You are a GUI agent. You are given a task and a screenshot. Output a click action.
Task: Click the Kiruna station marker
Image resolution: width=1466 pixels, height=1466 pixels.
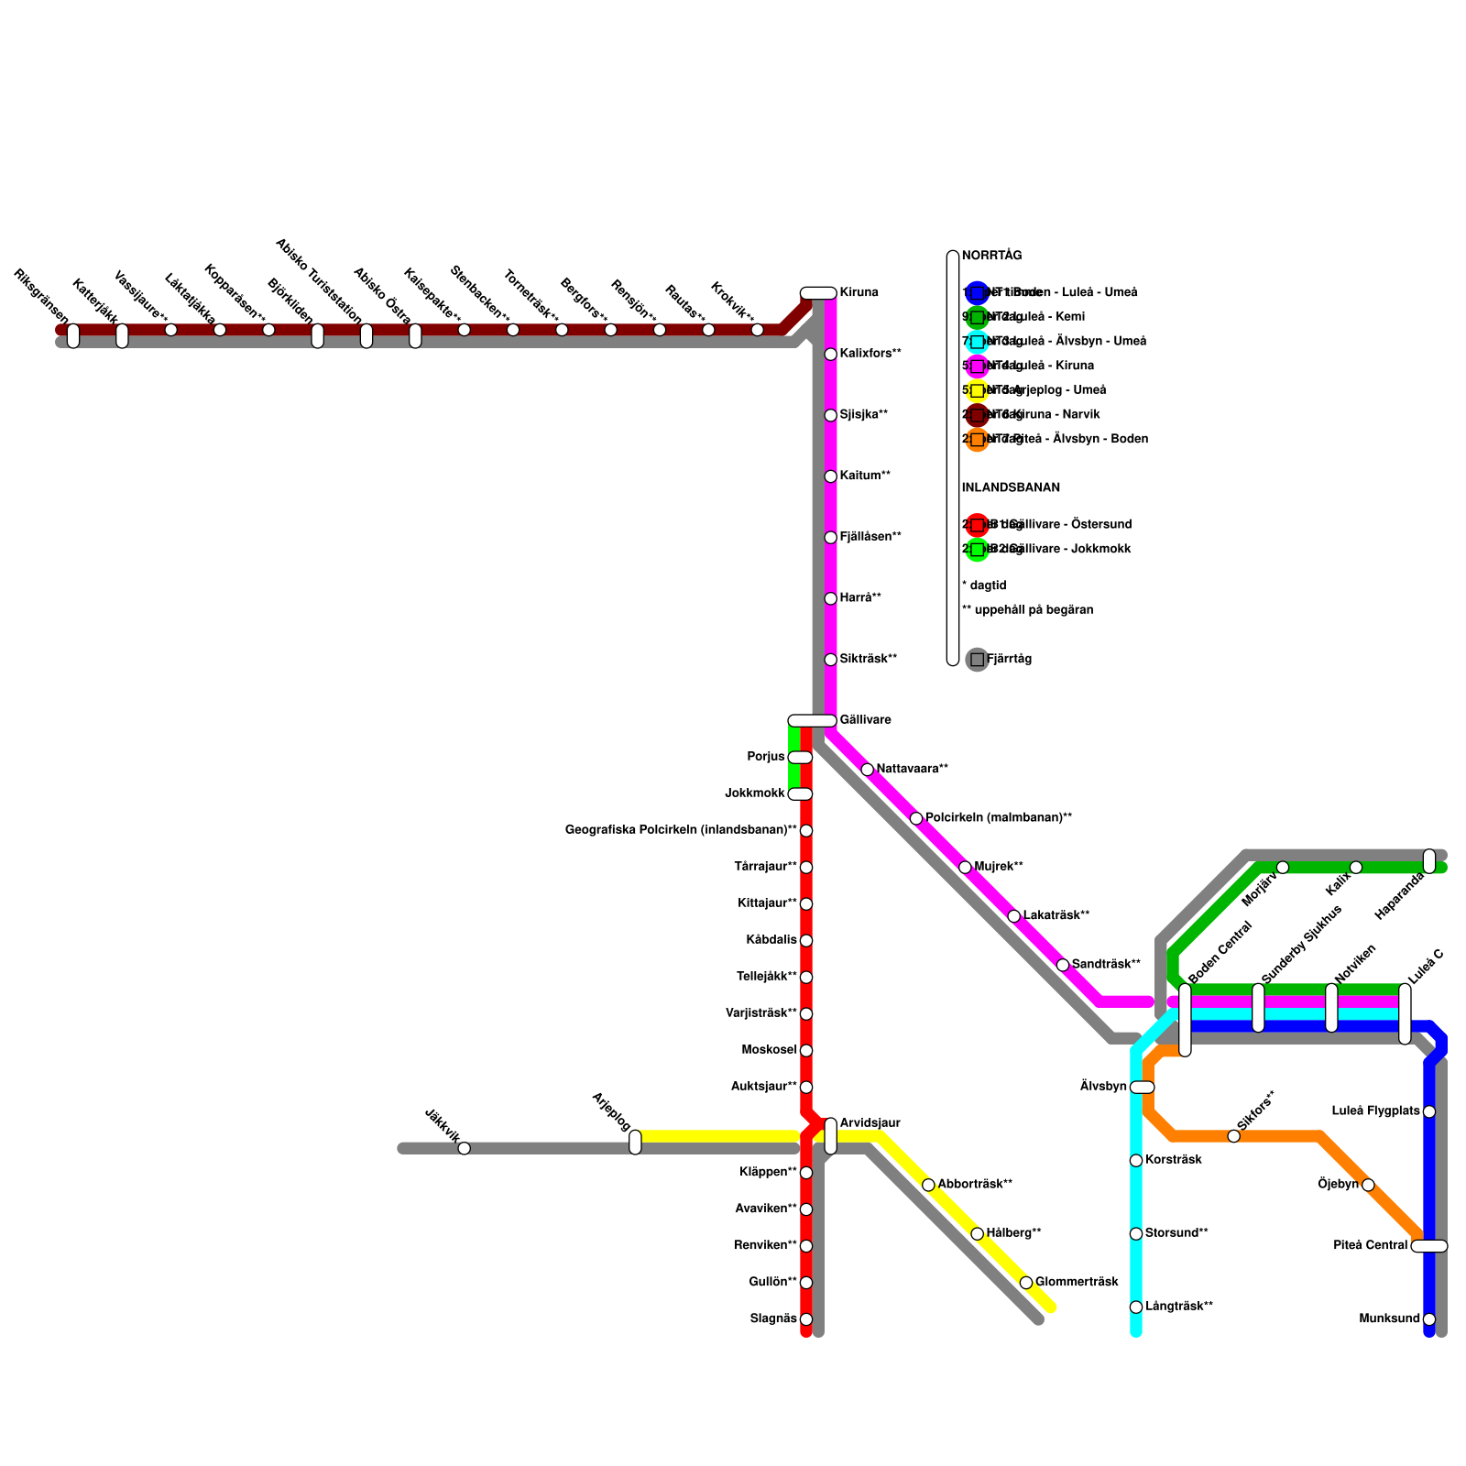tap(818, 293)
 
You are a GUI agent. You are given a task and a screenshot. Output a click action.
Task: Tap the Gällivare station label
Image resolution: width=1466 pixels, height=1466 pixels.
tap(865, 720)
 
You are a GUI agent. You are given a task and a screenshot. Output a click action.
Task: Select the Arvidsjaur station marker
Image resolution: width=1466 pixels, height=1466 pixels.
tap(830, 1136)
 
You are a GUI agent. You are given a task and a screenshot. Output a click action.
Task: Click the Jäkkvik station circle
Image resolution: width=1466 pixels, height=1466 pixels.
tap(464, 1148)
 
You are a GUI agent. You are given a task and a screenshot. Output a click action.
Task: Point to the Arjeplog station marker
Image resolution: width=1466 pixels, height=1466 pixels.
tap(635, 1143)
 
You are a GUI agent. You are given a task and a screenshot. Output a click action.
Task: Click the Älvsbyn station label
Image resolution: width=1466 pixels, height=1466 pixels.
tap(1103, 1087)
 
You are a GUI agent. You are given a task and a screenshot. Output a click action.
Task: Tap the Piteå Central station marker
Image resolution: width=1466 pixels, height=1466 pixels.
tap(1429, 1246)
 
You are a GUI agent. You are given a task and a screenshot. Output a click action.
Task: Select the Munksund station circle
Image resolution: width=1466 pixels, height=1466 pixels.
tap(1429, 1319)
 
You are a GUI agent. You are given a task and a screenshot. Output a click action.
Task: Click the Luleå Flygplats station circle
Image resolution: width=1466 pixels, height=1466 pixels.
tap(1429, 1111)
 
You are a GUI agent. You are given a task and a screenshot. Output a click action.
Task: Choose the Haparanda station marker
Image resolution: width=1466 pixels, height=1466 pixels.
tap(1429, 861)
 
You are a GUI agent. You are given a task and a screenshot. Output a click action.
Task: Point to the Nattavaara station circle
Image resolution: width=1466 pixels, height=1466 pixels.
tap(867, 770)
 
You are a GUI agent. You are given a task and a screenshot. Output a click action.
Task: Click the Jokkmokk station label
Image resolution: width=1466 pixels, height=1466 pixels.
tap(755, 793)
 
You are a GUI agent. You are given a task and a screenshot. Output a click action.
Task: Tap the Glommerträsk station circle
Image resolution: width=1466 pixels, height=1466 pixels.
tap(1026, 1283)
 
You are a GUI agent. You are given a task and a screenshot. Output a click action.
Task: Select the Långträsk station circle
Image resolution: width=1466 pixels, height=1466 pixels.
tap(1136, 1307)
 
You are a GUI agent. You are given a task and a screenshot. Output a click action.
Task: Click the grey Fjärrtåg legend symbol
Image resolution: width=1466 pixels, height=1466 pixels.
tap(978, 660)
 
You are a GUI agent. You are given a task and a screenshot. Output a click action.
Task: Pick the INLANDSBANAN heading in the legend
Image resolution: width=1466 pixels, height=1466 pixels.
tap(1011, 488)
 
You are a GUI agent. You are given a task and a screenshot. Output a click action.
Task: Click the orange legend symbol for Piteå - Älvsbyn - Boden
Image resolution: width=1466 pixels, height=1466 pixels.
tap(978, 440)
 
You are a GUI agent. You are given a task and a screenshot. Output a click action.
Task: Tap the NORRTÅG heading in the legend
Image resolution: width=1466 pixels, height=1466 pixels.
tap(991, 257)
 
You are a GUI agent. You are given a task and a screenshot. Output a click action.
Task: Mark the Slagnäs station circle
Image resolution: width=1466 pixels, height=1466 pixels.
tap(806, 1319)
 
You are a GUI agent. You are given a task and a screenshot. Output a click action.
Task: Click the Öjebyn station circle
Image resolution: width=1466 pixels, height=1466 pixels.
tap(1368, 1185)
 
